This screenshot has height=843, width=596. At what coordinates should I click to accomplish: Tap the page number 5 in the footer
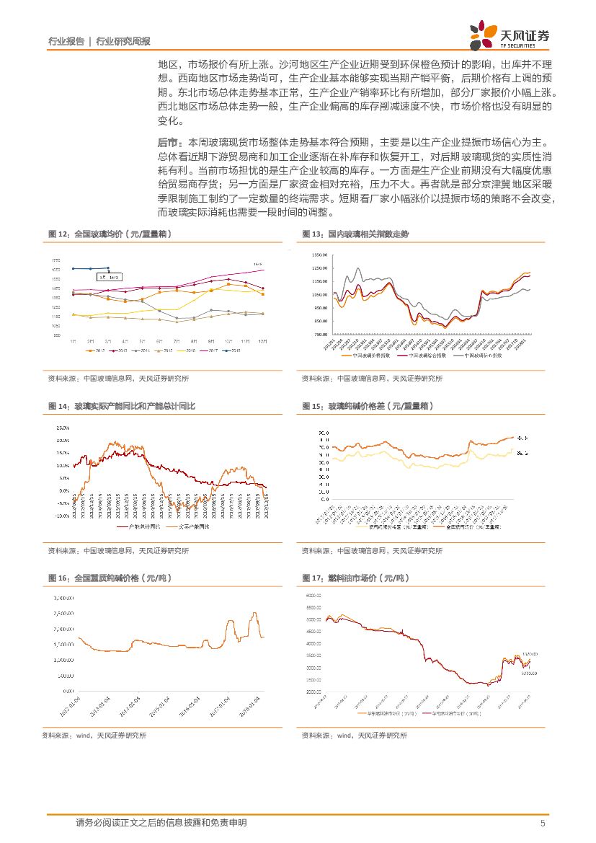click(542, 824)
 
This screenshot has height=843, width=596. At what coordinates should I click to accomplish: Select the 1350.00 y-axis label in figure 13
click(320, 255)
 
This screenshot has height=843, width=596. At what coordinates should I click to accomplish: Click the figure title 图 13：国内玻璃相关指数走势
click(355, 234)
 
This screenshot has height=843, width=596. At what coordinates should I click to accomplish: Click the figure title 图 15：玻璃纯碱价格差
click(368, 407)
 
